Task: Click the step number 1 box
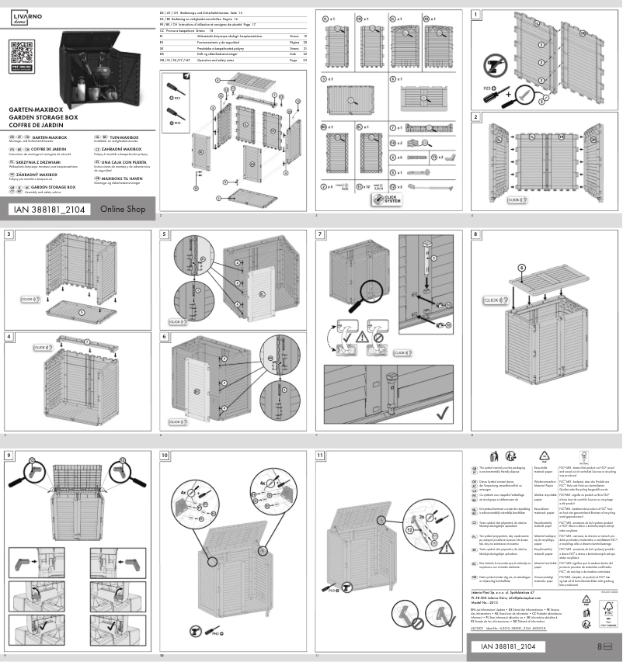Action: click(475, 14)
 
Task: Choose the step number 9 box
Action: click(9, 455)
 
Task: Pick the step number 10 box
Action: click(165, 455)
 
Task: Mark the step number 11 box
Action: click(321, 455)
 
